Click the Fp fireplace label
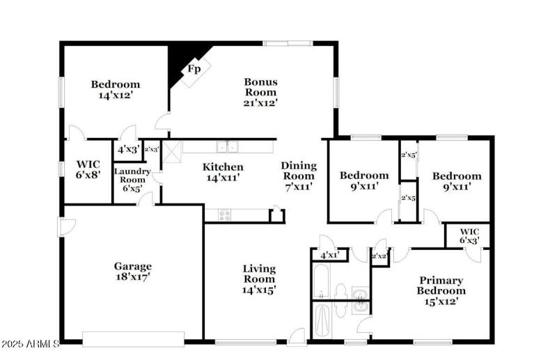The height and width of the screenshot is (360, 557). point(194,69)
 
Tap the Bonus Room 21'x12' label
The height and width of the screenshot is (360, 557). point(260,92)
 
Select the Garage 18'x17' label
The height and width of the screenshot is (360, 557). point(132,271)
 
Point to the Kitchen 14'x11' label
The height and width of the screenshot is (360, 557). point(223,171)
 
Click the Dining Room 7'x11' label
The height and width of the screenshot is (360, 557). point(299,175)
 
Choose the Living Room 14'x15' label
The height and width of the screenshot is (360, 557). point(259,279)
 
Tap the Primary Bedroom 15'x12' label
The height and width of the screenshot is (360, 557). point(440,290)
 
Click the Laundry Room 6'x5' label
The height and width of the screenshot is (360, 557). point(132,179)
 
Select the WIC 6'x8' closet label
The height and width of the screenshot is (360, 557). point(88,170)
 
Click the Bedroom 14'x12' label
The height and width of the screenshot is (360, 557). point(115,89)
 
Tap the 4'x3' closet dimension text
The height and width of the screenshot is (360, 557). point(127,149)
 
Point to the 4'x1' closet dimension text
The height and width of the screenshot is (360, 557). point(329,256)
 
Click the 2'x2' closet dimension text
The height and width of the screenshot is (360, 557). point(379,256)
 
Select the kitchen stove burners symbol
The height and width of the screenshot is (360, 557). point(224,215)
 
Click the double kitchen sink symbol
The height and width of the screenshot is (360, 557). point(226,146)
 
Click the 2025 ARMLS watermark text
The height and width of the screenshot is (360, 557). point(30,345)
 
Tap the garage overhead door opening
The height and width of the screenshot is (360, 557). point(133,339)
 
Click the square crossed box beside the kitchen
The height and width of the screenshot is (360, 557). point(172,148)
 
